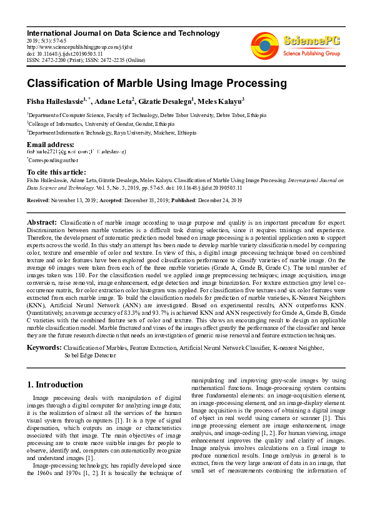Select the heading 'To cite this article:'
point(56,172)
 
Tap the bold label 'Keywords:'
point(44,346)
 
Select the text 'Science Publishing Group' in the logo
point(311,54)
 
